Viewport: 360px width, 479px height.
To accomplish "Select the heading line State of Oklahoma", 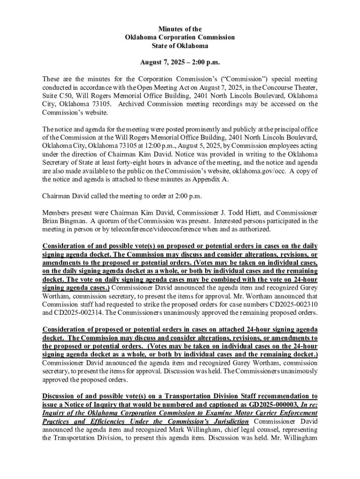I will click(180, 46).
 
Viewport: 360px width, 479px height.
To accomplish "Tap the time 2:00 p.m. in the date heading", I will click(202, 62).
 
